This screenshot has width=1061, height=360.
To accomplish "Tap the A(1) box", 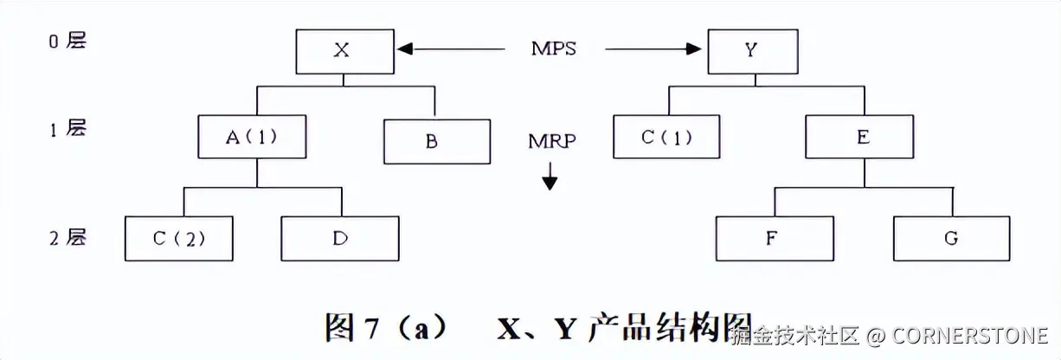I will click(x=252, y=137).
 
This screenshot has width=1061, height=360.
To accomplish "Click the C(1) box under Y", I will click(x=666, y=137).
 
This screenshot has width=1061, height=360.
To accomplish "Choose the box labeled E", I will click(x=861, y=137).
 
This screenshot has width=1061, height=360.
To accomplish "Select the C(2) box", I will click(x=179, y=238).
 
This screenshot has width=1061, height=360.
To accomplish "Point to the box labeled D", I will click(x=340, y=238).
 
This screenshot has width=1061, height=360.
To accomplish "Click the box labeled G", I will click(x=951, y=238).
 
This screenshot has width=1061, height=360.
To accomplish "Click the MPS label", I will click(x=554, y=48).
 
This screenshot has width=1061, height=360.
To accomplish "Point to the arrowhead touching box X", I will click(x=404, y=49).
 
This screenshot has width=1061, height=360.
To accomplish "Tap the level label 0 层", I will click(x=68, y=41).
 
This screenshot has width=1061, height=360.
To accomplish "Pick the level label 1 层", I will click(x=68, y=129).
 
